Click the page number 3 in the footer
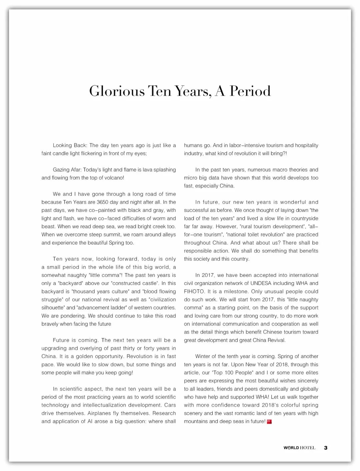tap(326, 448)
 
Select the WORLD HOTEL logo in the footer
tap(299, 448)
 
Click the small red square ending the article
tap(269, 422)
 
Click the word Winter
tap(203, 356)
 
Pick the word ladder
tap(119, 308)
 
